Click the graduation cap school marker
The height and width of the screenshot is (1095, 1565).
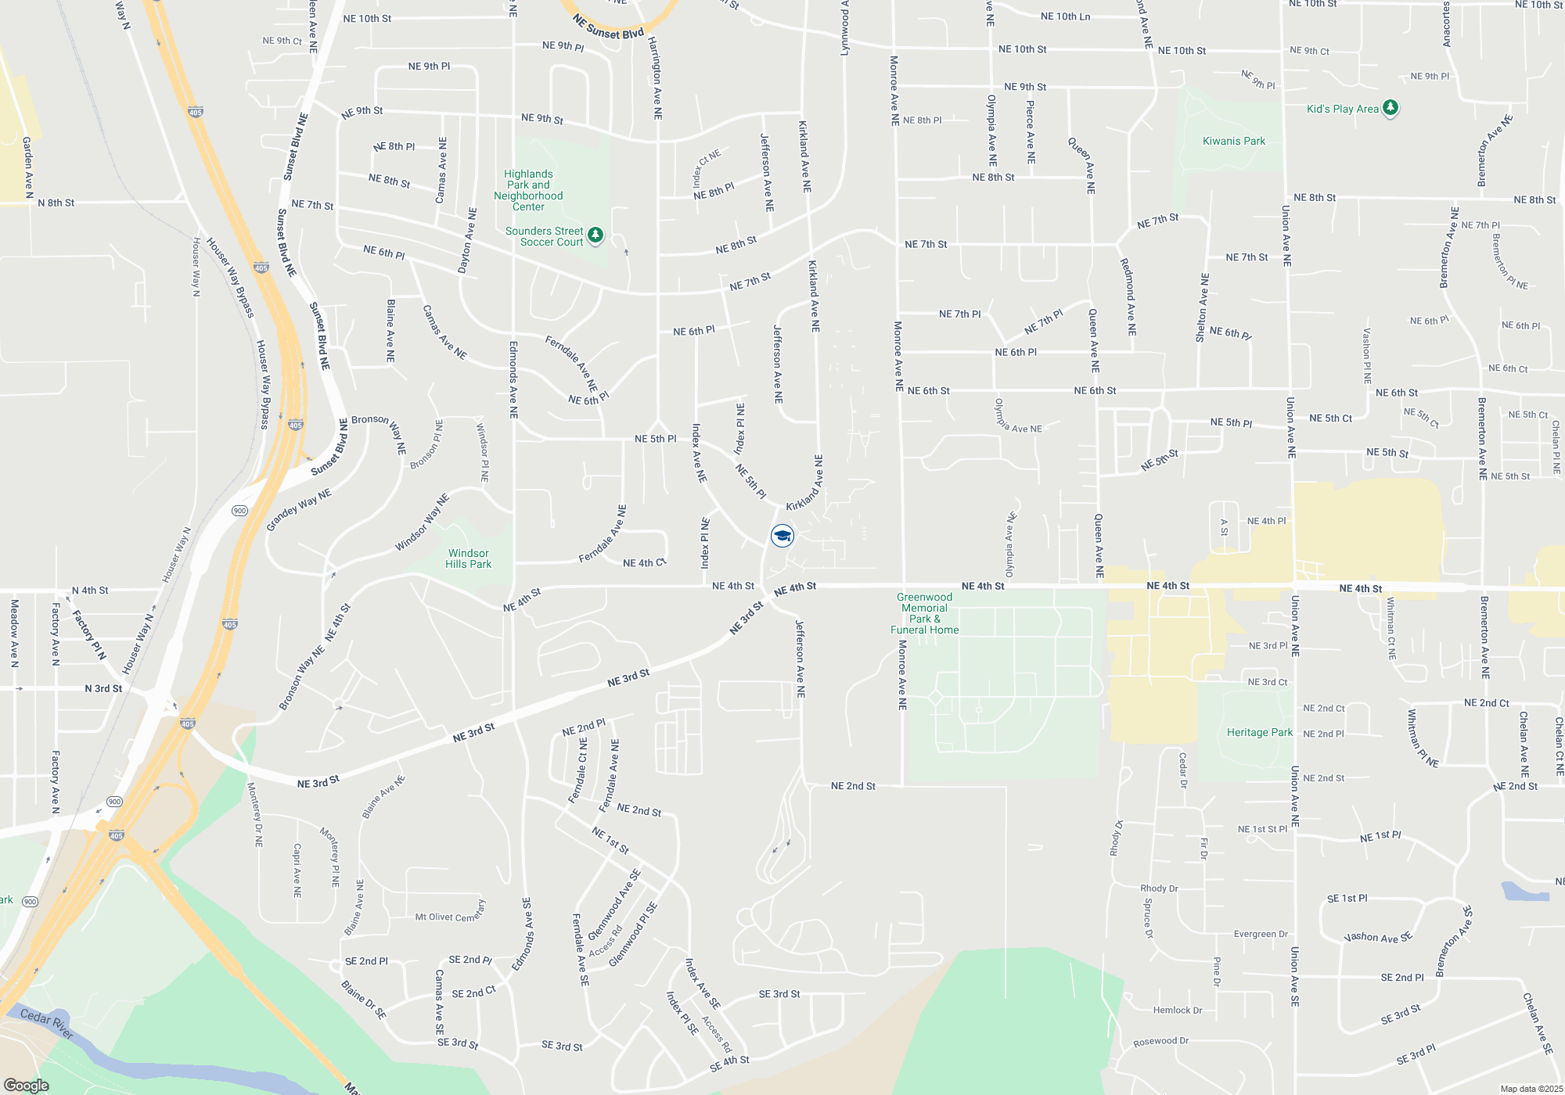point(782,536)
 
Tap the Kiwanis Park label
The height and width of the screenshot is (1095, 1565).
point(1233,142)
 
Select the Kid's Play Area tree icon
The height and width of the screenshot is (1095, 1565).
point(1391,108)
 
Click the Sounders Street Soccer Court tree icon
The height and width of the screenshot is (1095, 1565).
point(595,235)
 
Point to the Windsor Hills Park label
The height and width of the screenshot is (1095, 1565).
point(468,558)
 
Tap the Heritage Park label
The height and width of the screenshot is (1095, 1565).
point(1259,733)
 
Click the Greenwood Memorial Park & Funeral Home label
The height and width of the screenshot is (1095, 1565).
point(924,613)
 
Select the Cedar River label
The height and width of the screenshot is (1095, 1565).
point(47,1023)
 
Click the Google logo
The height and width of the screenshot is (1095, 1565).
point(26,1086)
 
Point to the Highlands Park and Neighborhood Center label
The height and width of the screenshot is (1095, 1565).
point(528,190)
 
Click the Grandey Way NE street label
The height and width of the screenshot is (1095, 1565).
point(299,509)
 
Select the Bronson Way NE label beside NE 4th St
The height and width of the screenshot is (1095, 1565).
point(301,678)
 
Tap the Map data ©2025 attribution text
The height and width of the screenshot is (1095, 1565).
point(1531,1089)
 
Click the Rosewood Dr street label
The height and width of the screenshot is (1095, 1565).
point(1160,1042)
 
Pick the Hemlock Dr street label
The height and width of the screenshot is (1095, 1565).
point(1177,1011)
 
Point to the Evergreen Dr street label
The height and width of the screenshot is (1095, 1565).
point(1260,934)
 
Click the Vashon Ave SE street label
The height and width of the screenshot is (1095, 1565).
point(1377,937)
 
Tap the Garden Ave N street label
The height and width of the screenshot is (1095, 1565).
point(27,167)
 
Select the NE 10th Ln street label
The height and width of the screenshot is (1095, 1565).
point(1065,16)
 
